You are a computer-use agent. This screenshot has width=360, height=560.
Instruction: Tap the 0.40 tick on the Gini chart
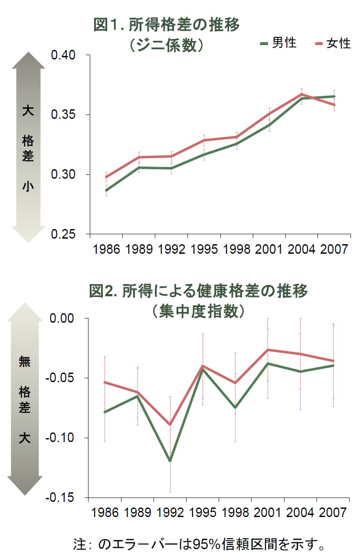click(x=63, y=55)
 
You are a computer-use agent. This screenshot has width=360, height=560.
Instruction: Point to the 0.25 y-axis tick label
click(x=63, y=234)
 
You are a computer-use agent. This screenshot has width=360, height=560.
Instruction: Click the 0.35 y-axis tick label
click(x=63, y=115)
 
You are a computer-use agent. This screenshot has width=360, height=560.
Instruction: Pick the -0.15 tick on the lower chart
click(x=61, y=498)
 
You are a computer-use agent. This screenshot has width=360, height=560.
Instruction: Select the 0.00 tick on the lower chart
click(x=63, y=318)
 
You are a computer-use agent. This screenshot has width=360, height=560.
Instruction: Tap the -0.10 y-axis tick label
click(x=61, y=438)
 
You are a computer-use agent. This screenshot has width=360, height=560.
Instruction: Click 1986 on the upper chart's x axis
click(x=106, y=249)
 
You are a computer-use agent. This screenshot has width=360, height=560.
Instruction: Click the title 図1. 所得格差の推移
click(x=167, y=26)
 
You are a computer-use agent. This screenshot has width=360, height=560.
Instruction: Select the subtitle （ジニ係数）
click(x=167, y=46)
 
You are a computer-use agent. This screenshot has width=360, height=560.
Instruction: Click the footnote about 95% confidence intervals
click(x=199, y=544)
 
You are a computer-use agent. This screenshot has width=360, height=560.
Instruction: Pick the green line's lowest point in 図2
click(x=170, y=461)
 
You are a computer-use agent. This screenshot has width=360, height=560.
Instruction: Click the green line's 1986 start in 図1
click(x=106, y=190)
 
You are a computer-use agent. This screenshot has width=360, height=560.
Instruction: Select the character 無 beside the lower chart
click(x=25, y=361)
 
